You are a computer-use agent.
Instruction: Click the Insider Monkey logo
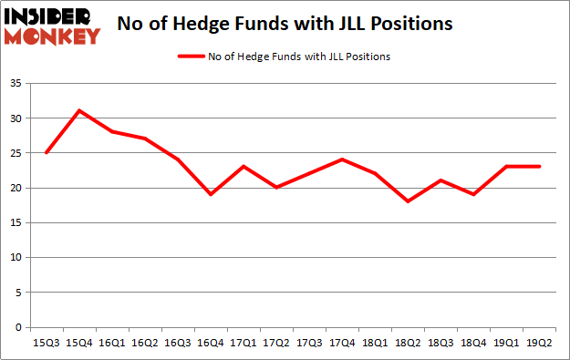[51, 26]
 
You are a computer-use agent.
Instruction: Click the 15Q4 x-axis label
[79, 344]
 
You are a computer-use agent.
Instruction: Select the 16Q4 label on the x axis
[211, 344]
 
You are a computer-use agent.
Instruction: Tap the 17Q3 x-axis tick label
[308, 344]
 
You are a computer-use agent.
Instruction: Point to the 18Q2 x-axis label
[407, 344]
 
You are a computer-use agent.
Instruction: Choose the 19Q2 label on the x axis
[538, 344]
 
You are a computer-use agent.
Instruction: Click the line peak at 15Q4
[79, 110]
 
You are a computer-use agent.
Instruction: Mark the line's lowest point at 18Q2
[407, 201]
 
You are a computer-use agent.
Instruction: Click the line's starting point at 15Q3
[47, 152]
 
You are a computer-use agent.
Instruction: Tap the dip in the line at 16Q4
[211, 194]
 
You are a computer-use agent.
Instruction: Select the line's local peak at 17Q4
[342, 159]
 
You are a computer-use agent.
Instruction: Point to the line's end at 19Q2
[538, 166]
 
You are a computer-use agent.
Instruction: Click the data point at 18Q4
[472, 194]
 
